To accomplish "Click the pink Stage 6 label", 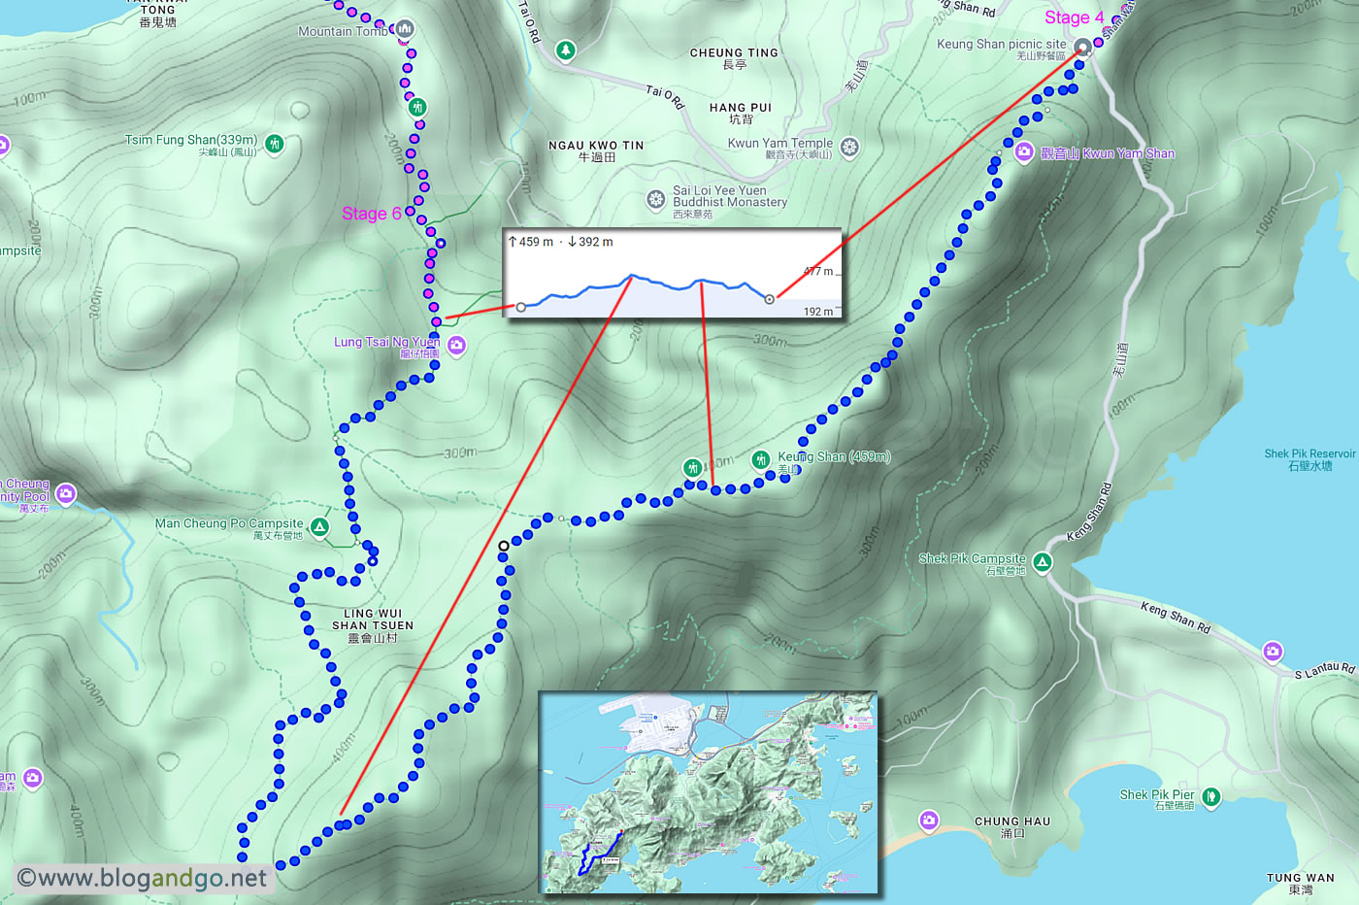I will [x=371, y=214].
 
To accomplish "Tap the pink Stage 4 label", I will [x=1074, y=17].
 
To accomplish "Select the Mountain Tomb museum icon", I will [x=405, y=29].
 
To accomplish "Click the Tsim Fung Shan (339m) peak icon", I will [x=275, y=144].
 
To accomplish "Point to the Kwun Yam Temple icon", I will [x=849, y=147].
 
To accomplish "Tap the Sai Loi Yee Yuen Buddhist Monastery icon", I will [x=656, y=199].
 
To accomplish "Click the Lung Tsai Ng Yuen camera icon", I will [x=456, y=345].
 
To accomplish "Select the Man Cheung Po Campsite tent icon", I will [x=319, y=527].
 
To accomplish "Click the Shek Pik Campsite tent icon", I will [x=1042, y=562].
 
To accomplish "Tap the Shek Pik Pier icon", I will [x=1210, y=797].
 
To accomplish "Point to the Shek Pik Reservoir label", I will [x=1309, y=459].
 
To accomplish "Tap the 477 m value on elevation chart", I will [x=817, y=272].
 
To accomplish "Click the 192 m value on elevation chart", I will [x=817, y=312].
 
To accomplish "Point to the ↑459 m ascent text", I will [x=531, y=242].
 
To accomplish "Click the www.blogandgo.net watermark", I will [x=142, y=878].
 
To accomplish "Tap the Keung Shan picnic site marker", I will [x=1082, y=47].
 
